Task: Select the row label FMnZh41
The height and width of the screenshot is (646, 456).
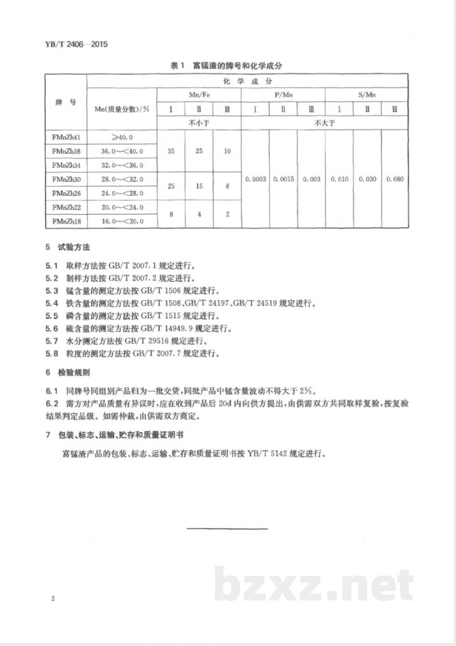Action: [x=64, y=137]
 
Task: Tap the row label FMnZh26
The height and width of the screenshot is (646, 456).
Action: [x=64, y=193]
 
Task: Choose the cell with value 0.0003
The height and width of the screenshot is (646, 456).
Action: [x=255, y=179]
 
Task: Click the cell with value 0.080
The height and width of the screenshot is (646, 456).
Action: [x=394, y=179]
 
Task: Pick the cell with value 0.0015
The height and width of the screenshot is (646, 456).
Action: [x=283, y=179]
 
